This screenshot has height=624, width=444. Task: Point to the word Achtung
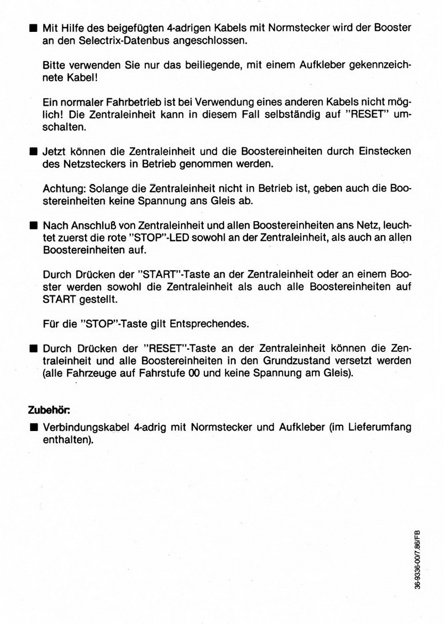point(60,189)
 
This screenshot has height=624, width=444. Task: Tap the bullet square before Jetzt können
point(33,151)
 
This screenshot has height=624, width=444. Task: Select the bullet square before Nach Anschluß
point(33,225)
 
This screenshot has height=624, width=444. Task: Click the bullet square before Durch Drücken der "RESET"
point(33,349)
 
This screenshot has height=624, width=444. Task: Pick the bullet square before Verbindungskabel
point(33,427)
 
